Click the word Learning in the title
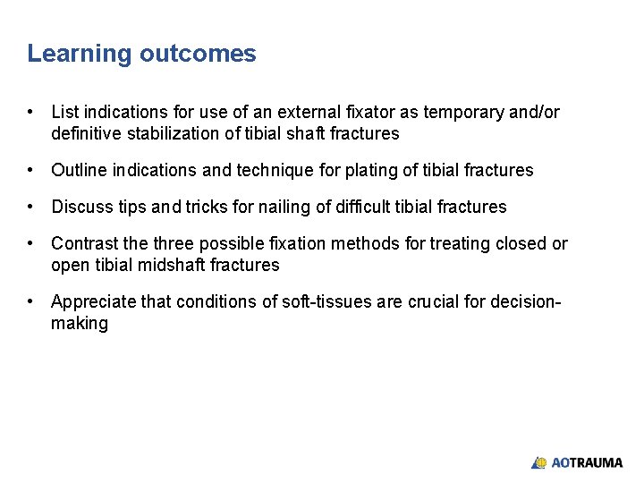pyautogui.click(x=80, y=54)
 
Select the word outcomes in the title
pyautogui.click(x=198, y=54)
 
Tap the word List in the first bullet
pyautogui.click(x=64, y=112)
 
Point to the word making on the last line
pyautogui.click(x=80, y=323)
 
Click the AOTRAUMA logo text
pyautogui.click(x=587, y=462)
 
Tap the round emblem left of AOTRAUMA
pyautogui.click(x=539, y=462)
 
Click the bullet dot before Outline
pyautogui.click(x=31, y=170)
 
